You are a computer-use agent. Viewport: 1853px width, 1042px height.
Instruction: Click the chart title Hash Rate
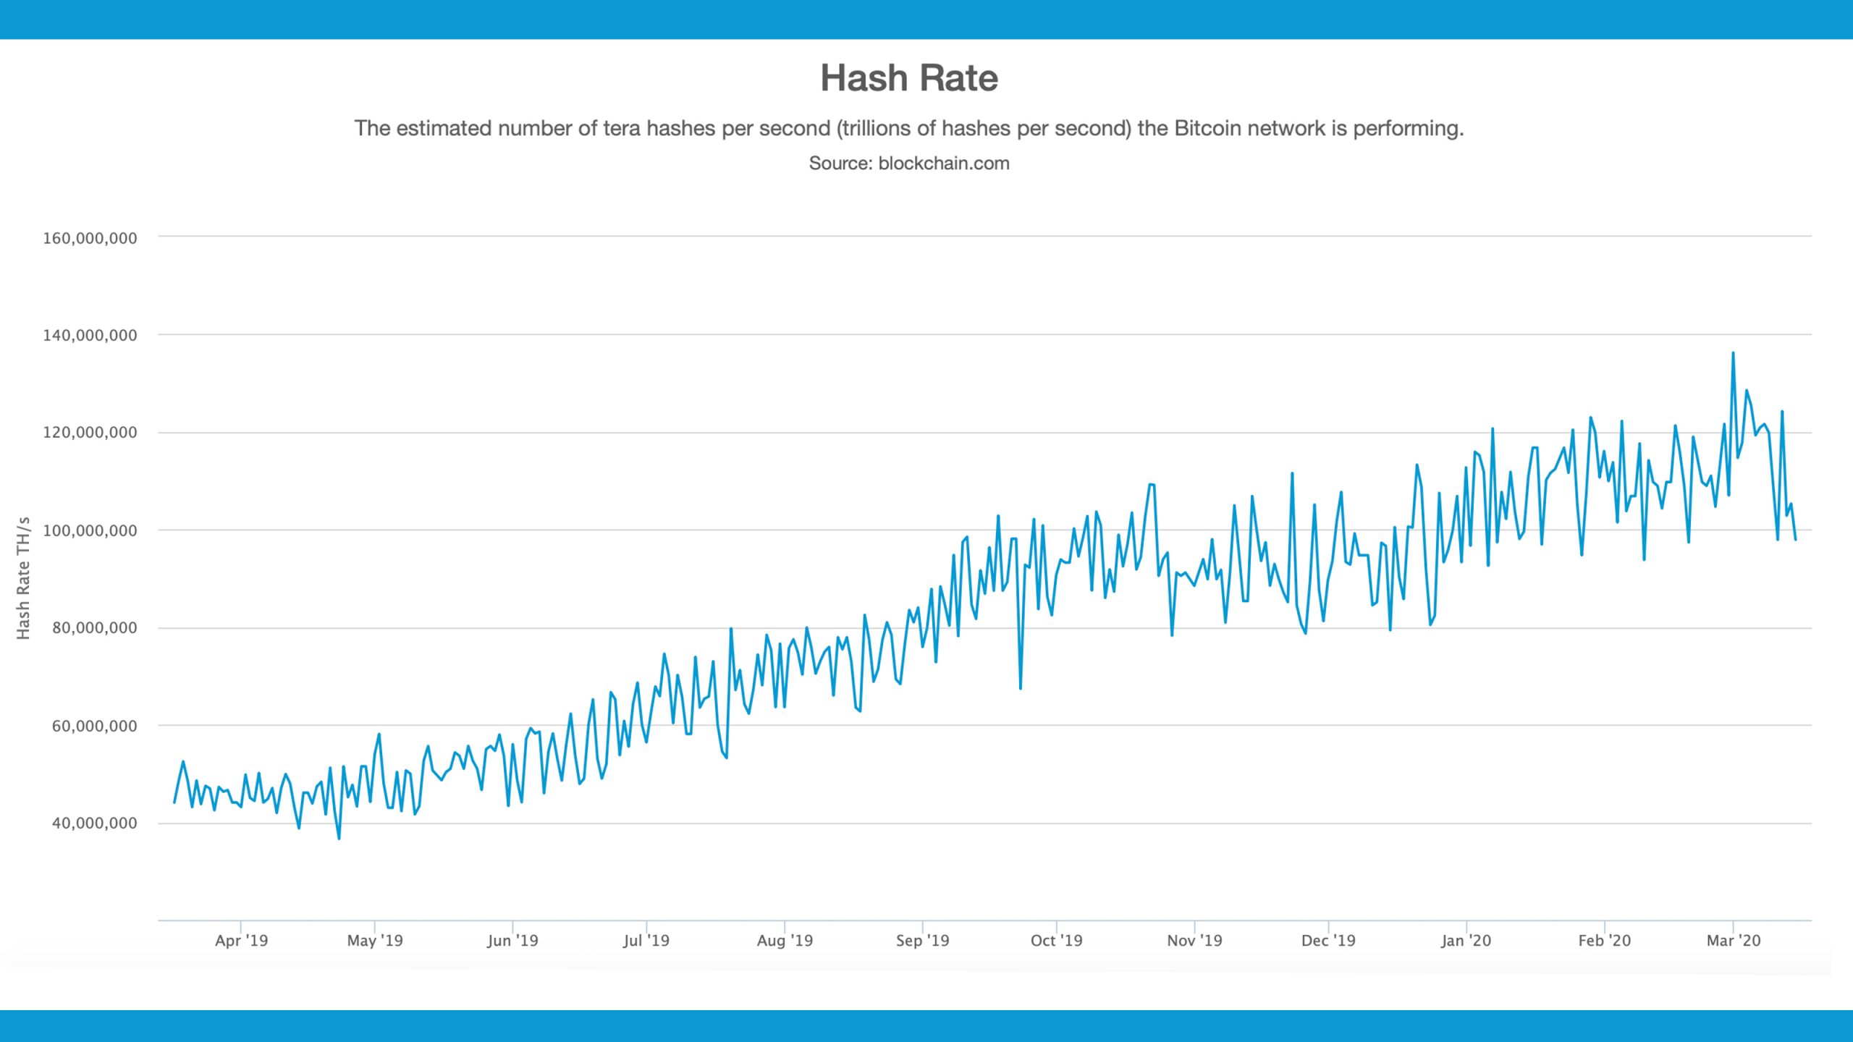point(908,78)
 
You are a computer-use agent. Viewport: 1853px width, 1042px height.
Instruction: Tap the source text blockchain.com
point(943,164)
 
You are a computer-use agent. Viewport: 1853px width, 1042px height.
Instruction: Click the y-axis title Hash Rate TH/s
point(23,578)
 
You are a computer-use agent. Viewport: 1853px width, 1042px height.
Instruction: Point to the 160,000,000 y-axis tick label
point(90,238)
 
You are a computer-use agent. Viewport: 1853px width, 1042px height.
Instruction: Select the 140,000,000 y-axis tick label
point(90,335)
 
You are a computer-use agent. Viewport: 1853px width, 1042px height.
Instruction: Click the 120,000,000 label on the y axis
point(90,433)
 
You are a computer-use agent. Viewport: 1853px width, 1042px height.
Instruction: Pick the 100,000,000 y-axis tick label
point(90,530)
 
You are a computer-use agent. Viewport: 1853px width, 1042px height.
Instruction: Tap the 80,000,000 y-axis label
point(94,628)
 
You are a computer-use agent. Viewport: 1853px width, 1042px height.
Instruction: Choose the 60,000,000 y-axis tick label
point(94,726)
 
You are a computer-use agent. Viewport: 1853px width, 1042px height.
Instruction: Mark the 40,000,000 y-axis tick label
point(94,823)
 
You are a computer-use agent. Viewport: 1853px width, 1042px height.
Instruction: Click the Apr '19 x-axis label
point(241,941)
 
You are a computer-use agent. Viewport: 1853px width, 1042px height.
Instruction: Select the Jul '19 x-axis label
point(646,941)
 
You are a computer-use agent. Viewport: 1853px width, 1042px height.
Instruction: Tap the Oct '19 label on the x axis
point(1056,941)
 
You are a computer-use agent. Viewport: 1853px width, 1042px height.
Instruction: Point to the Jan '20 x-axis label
point(1466,941)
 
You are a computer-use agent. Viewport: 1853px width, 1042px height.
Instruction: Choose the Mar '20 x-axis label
point(1733,941)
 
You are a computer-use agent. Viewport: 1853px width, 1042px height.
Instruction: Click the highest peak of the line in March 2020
point(1733,353)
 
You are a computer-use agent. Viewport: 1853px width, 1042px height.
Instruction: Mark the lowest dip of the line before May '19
point(339,838)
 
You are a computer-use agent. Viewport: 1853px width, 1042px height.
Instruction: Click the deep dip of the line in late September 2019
point(1021,688)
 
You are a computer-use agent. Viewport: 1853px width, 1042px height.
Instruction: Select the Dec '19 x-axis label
point(1328,941)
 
